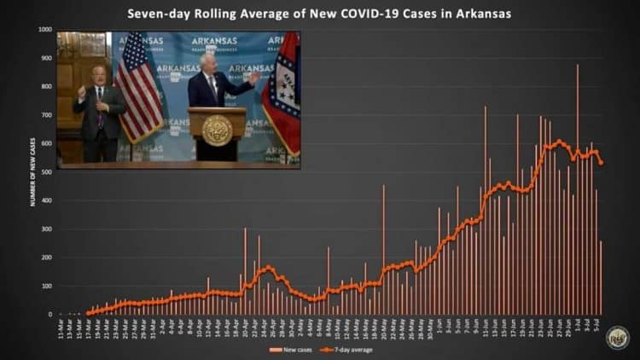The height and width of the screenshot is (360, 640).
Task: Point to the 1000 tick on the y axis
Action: (44, 30)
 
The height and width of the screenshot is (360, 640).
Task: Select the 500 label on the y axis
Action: (46, 172)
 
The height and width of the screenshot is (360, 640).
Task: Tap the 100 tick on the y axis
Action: (46, 286)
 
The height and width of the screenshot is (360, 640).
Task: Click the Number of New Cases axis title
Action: (33, 171)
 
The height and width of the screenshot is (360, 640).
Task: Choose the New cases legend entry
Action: (288, 350)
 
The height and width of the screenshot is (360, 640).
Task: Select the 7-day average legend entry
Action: (349, 350)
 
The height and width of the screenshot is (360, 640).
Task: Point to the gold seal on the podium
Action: (217, 131)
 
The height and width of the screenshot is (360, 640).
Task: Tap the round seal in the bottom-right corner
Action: (618, 338)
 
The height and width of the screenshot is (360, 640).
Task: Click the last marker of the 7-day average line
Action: (602, 163)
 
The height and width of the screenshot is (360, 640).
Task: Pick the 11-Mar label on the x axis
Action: (61, 328)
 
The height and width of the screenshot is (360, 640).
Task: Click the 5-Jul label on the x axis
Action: (602, 328)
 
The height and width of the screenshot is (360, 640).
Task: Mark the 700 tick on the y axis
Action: (46, 115)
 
